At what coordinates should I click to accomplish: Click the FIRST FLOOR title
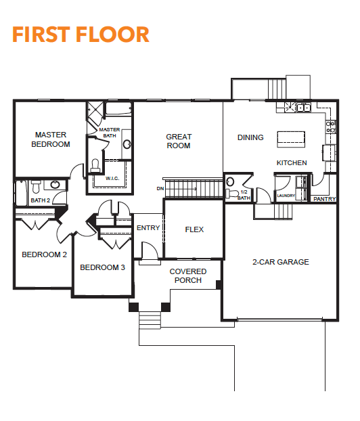[81, 35]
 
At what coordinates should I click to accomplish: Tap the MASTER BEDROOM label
[51, 139]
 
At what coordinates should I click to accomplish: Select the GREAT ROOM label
[179, 141]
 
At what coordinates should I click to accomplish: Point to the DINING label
[250, 137]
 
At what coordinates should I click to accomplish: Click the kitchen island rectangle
[291, 139]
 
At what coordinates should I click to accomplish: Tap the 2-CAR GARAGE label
[281, 262]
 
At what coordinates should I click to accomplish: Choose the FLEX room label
[194, 229]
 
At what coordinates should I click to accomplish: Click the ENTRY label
[148, 228]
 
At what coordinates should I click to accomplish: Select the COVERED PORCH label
[188, 275]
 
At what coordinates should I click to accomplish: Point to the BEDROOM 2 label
[44, 254]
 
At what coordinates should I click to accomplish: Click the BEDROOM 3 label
[103, 267]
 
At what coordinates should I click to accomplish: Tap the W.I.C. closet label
[112, 178]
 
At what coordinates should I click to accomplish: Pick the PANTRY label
[325, 199]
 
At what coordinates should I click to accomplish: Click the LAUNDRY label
[286, 196]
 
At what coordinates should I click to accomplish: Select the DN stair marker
[160, 188]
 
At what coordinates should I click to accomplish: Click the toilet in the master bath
[95, 165]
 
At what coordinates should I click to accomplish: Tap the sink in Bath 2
[55, 185]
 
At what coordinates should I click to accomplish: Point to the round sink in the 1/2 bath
[230, 181]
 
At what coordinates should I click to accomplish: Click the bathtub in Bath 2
[22, 193]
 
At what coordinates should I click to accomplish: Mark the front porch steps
[150, 320]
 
